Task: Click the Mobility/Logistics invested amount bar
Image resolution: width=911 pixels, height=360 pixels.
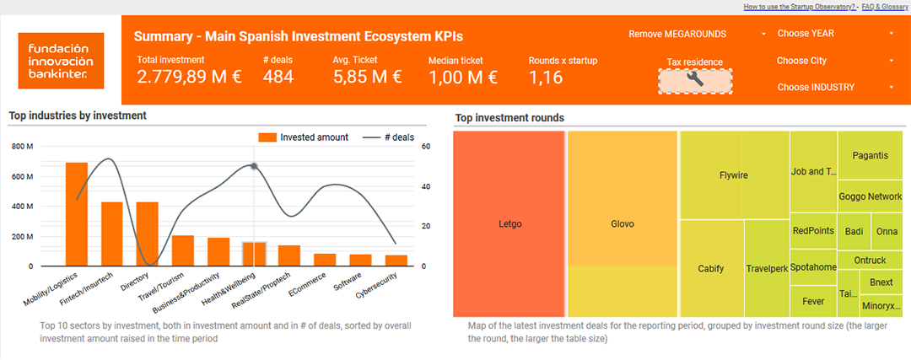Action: [76, 214]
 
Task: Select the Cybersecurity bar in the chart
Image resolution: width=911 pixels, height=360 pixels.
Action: [396, 261]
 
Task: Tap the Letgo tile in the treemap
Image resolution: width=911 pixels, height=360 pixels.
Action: [509, 224]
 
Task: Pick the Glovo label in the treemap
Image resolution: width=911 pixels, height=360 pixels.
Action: [623, 224]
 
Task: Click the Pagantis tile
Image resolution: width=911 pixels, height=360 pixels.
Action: [870, 155]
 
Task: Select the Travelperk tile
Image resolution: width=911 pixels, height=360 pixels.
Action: [766, 269]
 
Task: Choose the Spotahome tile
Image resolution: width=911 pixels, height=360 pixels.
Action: [813, 267]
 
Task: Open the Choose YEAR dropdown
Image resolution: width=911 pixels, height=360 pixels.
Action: [835, 34]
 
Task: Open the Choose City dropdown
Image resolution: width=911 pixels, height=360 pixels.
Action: [835, 61]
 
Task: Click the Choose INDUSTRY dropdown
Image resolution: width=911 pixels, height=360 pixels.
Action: [835, 87]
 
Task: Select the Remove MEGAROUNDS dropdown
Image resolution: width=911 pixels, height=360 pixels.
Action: [698, 35]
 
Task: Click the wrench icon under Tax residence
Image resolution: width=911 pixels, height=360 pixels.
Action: [695, 81]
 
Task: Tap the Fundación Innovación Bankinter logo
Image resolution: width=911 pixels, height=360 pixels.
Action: [61, 61]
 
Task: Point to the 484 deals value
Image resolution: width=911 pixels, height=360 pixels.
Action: [278, 77]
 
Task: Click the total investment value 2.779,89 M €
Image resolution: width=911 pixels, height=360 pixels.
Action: [190, 77]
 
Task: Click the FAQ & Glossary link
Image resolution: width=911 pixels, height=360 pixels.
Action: [884, 7]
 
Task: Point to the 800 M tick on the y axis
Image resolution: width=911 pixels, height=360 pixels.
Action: [23, 147]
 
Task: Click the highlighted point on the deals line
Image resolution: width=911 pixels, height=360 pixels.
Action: [254, 166]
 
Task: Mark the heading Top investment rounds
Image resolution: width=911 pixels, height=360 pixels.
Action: [509, 118]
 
